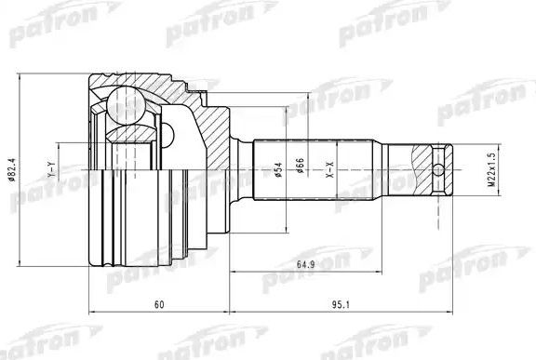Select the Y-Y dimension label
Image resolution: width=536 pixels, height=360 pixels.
[x=53, y=171]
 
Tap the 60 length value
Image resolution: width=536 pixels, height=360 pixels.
[x=159, y=304]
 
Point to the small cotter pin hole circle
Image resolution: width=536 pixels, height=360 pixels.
[x=439, y=170]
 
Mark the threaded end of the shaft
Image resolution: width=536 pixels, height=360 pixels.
[x=430, y=170]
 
